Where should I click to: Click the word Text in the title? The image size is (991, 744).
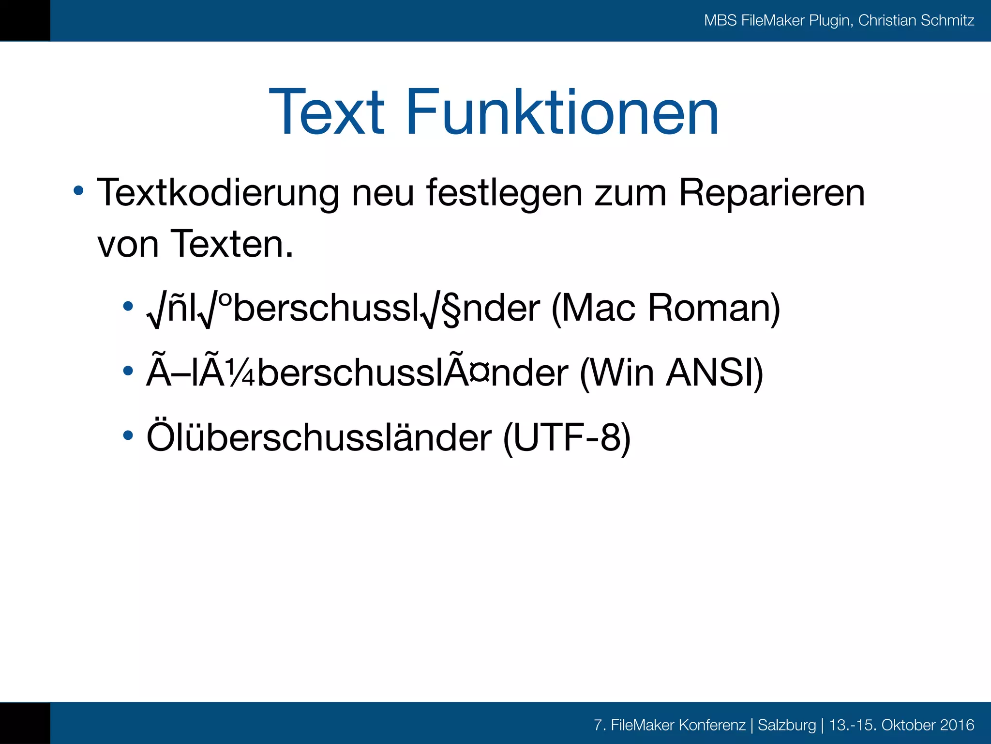[327, 112]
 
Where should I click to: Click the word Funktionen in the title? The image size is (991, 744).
[562, 112]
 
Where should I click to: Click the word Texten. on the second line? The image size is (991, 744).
[232, 244]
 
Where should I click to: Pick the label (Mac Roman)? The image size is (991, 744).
[665, 308]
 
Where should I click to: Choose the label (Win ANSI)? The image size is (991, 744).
[671, 373]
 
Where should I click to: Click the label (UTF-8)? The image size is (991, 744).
[567, 438]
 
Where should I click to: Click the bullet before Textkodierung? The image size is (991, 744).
[78, 190]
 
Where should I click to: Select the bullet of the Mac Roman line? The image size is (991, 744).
[128, 306]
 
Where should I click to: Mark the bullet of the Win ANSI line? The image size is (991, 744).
[128, 371]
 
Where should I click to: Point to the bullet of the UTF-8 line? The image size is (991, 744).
[128, 435]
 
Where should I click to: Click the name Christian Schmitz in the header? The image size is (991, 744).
[916, 20]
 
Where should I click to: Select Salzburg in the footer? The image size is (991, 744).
[786, 725]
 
